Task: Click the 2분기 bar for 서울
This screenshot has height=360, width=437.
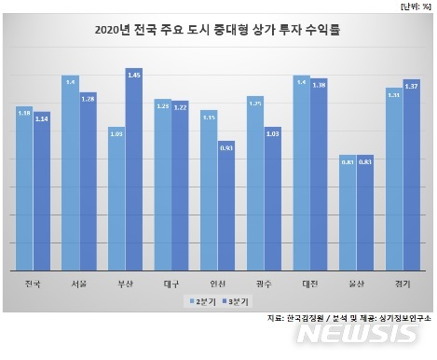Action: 70,173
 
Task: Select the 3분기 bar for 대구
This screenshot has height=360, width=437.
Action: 180,186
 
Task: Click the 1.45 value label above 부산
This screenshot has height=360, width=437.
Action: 133,73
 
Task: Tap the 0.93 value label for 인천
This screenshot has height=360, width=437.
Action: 226,146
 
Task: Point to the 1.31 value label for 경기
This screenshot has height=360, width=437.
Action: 393,94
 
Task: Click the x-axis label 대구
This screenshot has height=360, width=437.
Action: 171,282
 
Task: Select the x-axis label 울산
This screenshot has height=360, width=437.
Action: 356,282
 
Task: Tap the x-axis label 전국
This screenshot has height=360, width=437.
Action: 33,282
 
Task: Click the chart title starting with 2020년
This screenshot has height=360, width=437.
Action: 217,30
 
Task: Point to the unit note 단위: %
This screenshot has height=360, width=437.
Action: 411,7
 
